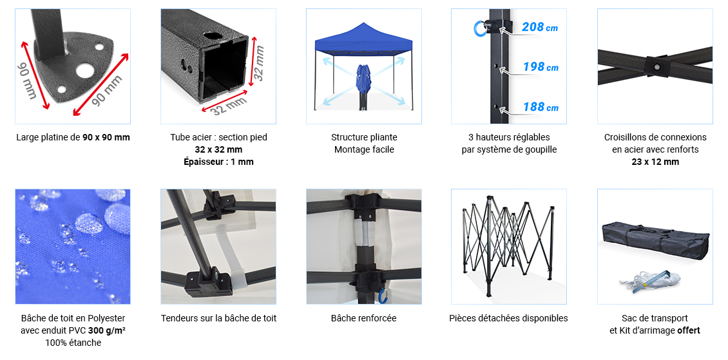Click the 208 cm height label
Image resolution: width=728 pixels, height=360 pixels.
pyautogui.click(x=539, y=27)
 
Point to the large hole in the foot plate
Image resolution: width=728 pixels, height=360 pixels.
pyautogui.click(x=84, y=70)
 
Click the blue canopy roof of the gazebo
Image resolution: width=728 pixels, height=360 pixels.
pyautogui.click(x=363, y=38)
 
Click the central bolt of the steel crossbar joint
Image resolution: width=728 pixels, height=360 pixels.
pyautogui.click(x=657, y=67)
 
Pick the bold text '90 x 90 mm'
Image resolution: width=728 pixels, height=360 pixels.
pyautogui.click(x=106, y=137)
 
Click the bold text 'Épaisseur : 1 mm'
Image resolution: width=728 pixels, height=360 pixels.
pyautogui.click(x=218, y=162)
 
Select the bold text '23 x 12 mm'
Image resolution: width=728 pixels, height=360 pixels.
pyautogui.click(x=655, y=162)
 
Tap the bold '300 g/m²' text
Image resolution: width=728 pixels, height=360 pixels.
pyautogui.click(x=107, y=331)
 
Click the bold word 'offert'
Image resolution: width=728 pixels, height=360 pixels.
pyautogui.click(x=688, y=331)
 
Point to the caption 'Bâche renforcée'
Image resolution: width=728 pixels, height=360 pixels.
pyautogui.click(x=363, y=318)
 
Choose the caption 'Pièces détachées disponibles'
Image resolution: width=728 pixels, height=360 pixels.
pyautogui.click(x=508, y=318)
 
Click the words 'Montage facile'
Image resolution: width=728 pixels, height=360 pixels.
pyautogui.click(x=364, y=149)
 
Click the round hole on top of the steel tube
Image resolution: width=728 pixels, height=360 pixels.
pyautogui.click(x=213, y=35)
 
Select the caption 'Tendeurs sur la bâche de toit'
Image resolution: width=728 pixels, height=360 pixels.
pyautogui.click(x=218, y=318)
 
